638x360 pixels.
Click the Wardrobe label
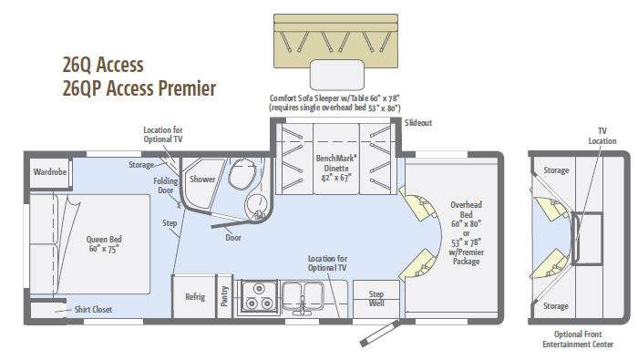coord(49,171)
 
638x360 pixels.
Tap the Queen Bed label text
coord(104,244)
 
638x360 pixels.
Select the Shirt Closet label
coord(93,310)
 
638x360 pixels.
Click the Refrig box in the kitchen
coord(194,296)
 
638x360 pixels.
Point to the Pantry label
coord(224,296)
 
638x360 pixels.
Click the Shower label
coord(202,179)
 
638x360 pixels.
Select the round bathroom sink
coord(257,204)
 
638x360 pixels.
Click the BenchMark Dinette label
coord(336,168)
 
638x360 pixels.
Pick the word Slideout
coord(417,123)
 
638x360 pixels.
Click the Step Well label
coord(376,299)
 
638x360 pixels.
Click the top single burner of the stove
coord(259,289)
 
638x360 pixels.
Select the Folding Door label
coord(166,186)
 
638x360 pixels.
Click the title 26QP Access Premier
coord(139,89)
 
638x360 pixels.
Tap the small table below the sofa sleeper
coord(337,75)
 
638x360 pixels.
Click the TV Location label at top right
coord(602,136)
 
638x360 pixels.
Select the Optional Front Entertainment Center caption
coord(578,339)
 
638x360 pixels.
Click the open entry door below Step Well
coord(379,334)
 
